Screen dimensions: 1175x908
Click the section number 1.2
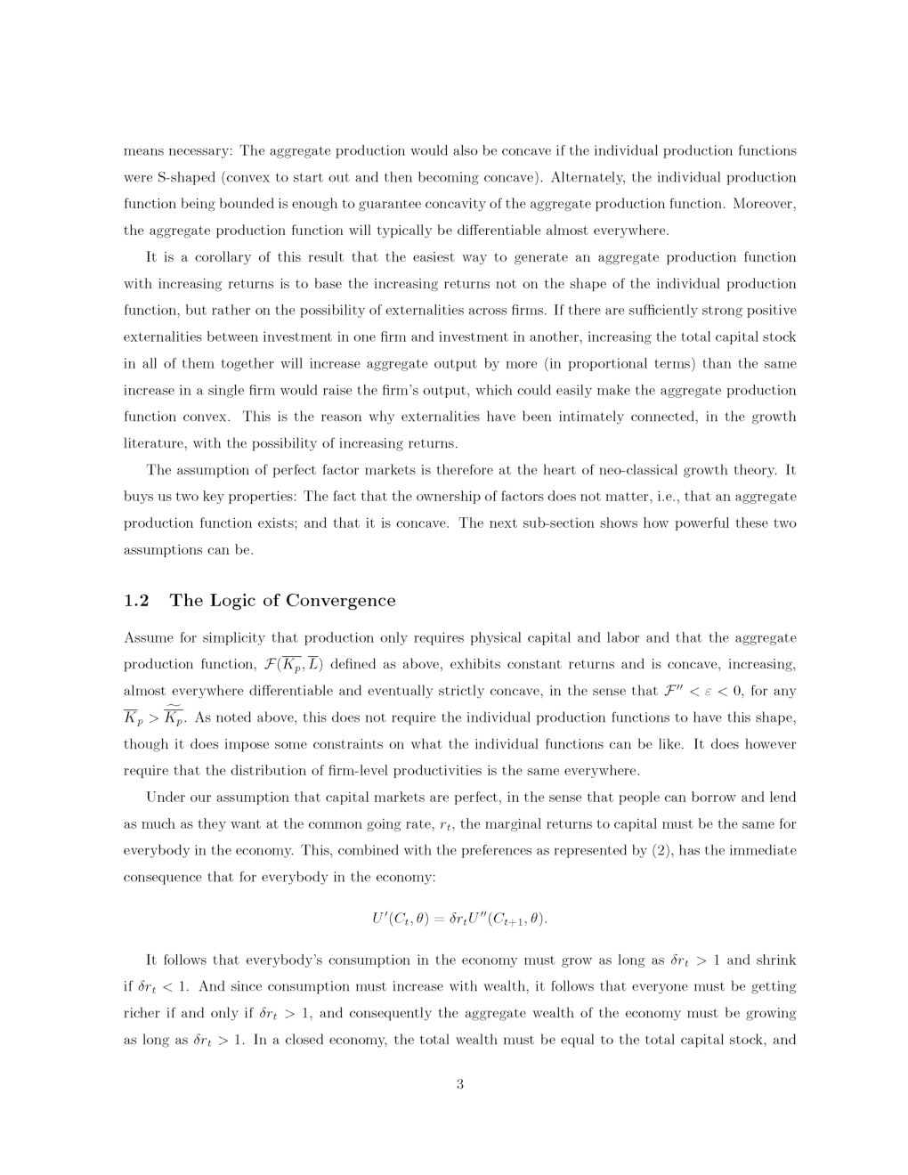(136, 601)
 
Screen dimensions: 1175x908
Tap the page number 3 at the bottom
(459, 1084)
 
